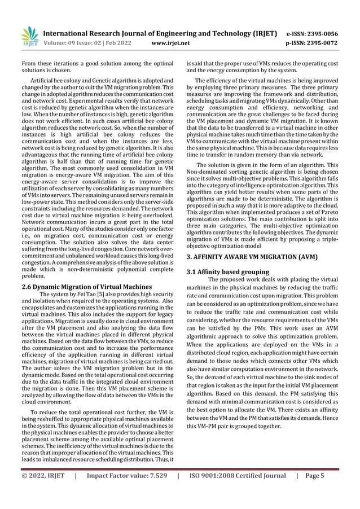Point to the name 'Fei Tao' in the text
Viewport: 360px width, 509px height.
click(x=86, y=295)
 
